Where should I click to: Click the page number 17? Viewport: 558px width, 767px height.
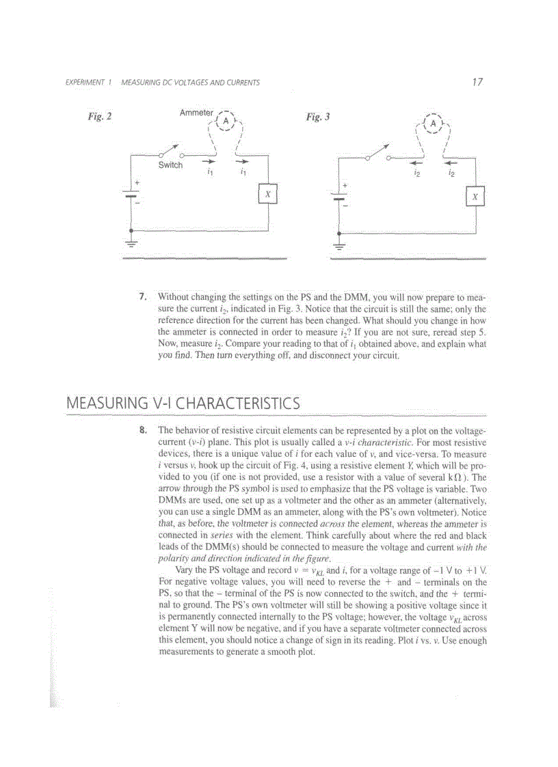(x=477, y=82)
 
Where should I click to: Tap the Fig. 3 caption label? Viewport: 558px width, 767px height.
(x=318, y=116)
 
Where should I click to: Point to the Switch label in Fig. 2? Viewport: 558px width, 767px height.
(x=170, y=165)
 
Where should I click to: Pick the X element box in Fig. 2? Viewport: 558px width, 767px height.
(x=268, y=195)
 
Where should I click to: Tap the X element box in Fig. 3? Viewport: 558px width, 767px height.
(x=475, y=197)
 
